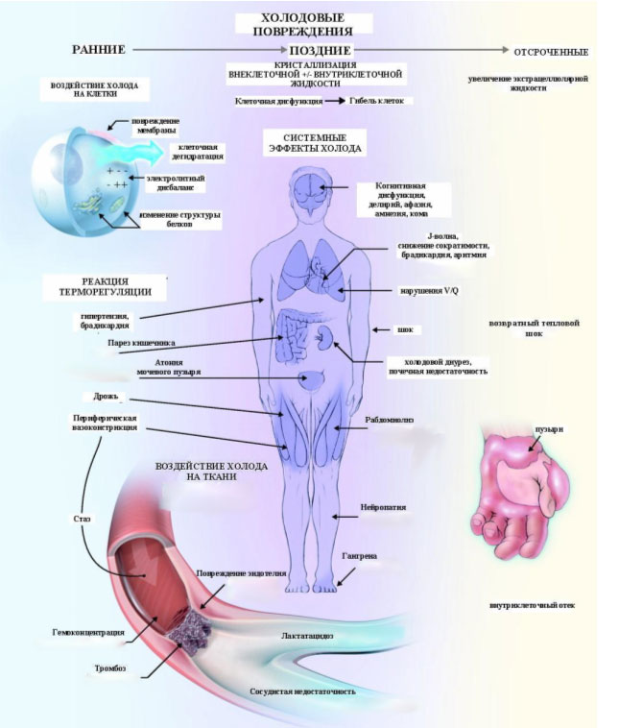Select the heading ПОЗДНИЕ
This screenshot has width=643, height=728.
[315, 49]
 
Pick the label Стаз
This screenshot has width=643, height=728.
[82, 519]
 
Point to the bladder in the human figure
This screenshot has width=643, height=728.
[313, 379]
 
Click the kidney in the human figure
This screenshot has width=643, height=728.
[325, 337]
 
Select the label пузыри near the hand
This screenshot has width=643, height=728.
[549, 429]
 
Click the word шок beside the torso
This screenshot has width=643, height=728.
[405, 329]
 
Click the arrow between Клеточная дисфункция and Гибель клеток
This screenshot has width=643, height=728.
[333, 100]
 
